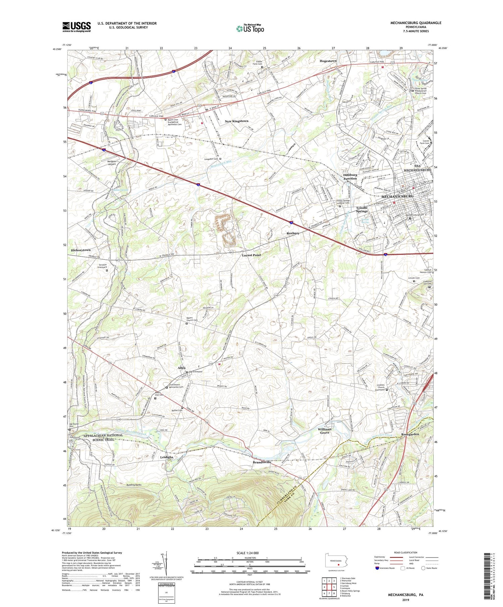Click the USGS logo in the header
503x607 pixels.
pos(76,27)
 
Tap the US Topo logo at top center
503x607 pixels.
pos(250,29)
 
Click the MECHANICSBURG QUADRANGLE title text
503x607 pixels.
pos(415,23)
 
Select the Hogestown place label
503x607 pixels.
pos(328,61)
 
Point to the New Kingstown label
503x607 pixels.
pos(236,121)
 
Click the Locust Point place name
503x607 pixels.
pos(251,255)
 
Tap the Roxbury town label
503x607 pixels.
pos(293,233)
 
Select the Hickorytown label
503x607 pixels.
pos(81,250)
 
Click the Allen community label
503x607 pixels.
pos(181,368)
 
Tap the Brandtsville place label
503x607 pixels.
pos(262,462)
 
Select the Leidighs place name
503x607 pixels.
pos(166,457)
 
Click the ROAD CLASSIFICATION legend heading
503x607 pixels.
pos(406,552)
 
